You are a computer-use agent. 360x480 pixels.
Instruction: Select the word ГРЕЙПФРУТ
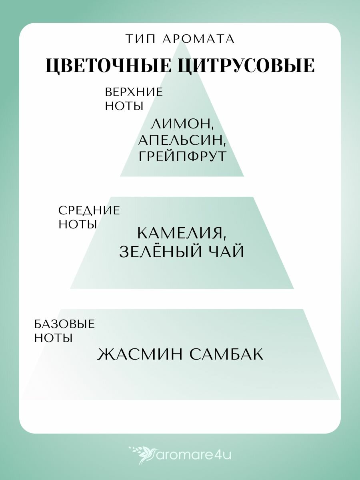(182, 156)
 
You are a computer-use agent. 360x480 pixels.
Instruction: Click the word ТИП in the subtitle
(138, 39)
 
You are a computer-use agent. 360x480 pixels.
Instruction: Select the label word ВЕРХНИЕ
(134, 92)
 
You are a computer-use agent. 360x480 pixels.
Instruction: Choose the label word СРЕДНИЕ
(89, 210)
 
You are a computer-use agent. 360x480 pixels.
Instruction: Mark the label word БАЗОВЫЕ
(64, 324)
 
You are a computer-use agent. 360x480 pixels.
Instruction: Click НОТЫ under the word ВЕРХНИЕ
(124, 106)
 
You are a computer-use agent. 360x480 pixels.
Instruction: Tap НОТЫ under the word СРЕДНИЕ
(77, 224)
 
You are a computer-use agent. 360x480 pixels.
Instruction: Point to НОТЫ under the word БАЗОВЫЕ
(53, 338)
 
